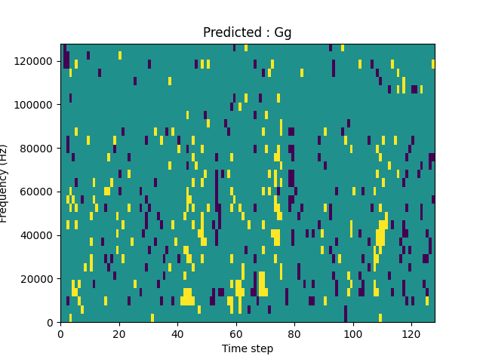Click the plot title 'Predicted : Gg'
tap(247, 32)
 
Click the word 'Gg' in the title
tap(282, 33)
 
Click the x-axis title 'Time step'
tap(247, 348)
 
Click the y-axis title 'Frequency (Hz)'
tap(5, 183)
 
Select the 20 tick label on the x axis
tap(119, 333)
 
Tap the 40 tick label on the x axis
tap(177, 333)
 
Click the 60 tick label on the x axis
tap(236, 333)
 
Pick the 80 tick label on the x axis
tap(294, 333)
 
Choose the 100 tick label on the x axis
tap(352, 333)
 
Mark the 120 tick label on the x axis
tap(411, 333)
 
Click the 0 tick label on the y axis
tap(51, 323)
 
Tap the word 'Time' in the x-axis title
tap(233, 348)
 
